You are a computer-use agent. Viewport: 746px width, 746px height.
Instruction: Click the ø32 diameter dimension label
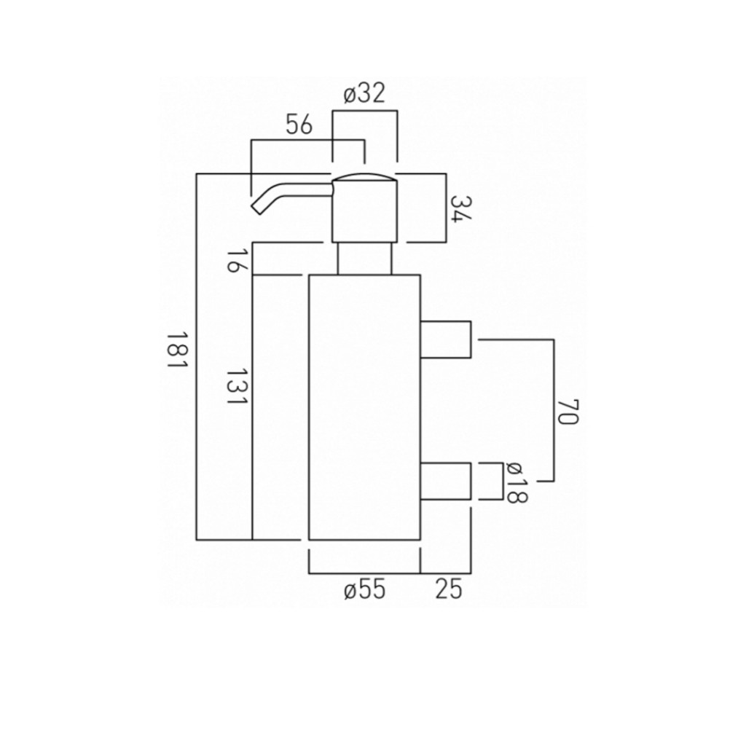(x=364, y=94)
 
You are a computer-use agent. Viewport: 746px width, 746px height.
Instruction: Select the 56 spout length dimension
(x=299, y=125)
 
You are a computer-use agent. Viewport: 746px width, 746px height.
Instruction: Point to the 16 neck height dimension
(x=232, y=259)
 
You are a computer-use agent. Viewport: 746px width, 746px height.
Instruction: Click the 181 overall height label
(x=178, y=350)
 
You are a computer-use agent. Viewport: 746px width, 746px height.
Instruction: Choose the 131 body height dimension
(x=232, y=387)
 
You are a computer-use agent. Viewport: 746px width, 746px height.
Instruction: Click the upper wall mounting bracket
(x=445, y=339)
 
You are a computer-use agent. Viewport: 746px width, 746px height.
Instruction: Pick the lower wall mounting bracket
(x=445, y=481)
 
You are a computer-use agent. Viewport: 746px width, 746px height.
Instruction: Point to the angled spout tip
(x=258, y=207)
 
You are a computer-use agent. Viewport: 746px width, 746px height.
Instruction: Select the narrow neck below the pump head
(x=364, y=259)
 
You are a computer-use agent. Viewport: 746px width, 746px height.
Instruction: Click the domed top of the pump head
(x=364, y=177)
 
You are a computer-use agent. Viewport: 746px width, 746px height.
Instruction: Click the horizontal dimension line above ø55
(x=364, y=573)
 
